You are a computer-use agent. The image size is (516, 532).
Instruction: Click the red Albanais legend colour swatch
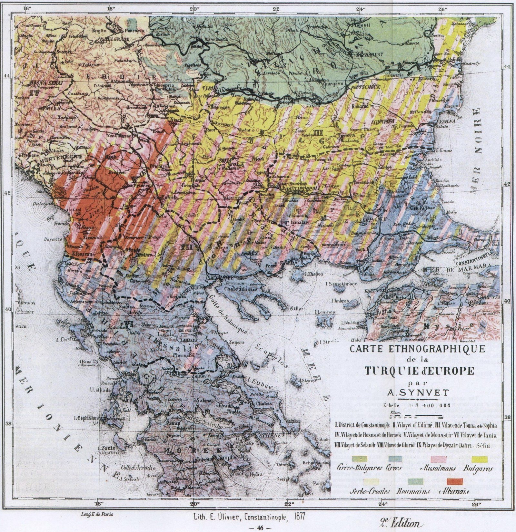(x=455, y=481)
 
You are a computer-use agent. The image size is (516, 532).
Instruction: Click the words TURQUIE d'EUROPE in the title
(x=419, y=371)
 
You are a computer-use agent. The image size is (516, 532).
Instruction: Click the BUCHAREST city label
(x=368, y=55)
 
